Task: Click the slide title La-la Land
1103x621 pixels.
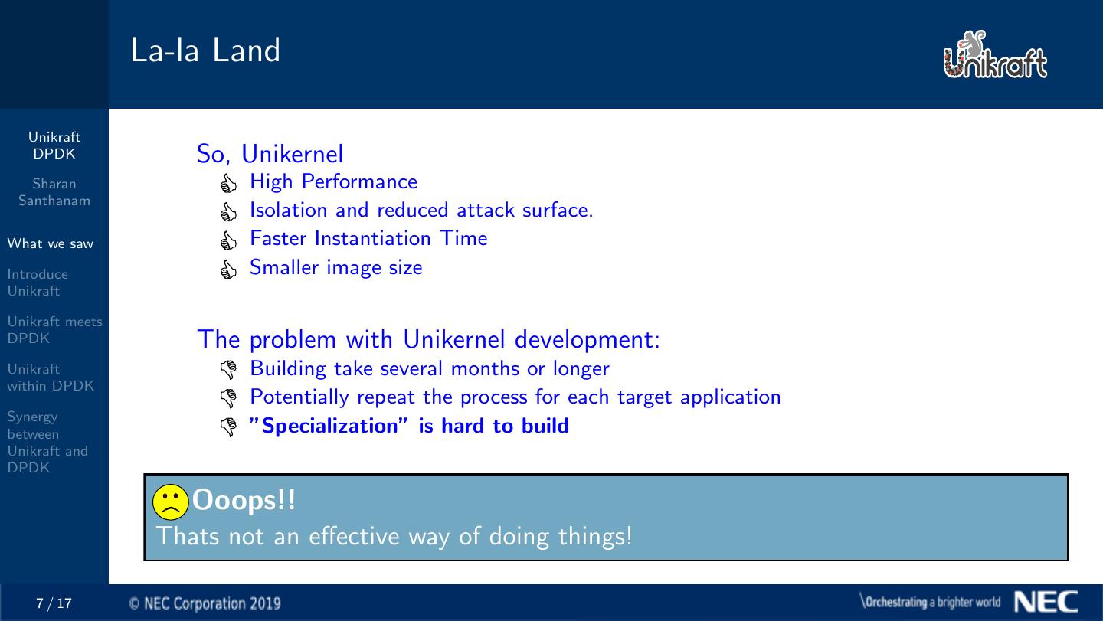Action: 205,50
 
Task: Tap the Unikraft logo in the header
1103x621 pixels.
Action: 995,54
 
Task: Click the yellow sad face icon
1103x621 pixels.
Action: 170,502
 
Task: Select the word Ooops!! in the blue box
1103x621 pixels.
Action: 244,501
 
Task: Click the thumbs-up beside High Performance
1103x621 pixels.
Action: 228,183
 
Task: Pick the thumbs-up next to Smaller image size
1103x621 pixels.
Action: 228,270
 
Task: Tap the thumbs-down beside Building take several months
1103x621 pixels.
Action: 228,369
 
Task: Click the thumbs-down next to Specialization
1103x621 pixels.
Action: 228,427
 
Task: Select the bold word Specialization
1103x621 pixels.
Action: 329,427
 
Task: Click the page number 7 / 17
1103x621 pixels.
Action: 54,603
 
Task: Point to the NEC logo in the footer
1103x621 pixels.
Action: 1046,602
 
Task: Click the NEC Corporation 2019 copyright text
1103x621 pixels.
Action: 205,604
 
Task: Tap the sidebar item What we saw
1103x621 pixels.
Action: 51,243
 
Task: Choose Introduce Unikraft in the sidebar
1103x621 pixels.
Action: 38,283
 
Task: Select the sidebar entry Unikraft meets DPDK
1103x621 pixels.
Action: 54,330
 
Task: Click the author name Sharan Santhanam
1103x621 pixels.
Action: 54,192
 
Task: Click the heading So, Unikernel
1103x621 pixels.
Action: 270,154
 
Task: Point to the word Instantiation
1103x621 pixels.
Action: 373,238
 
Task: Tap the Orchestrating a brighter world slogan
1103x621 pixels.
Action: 930,602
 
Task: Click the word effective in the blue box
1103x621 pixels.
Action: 354,536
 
